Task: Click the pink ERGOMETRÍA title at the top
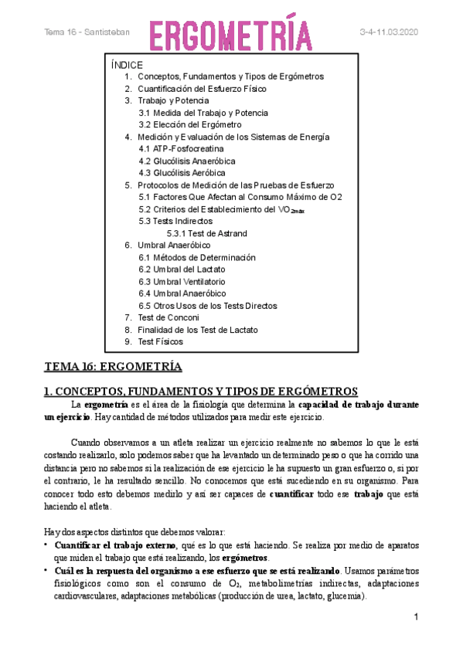[231, 33]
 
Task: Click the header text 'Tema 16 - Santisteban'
[87, 32]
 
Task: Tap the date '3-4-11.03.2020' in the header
[389, 32]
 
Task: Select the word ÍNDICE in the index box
[128, 65]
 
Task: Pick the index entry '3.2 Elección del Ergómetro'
[190, 124]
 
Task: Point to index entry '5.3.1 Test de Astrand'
[206, 233]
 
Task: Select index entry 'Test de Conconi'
[168, 317]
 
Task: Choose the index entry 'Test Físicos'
[160, 341]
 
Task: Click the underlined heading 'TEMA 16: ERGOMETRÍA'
[113, 366]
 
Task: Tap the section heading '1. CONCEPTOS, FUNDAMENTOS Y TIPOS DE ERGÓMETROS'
[201, 392]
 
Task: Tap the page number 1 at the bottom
[416, 617]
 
